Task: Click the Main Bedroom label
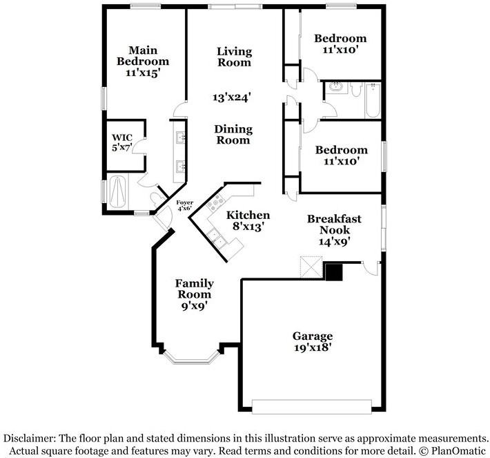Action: tap(143, 61)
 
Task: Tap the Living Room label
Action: tap(234, 57)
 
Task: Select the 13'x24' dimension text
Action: tap(231, 98)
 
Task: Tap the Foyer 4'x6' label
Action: tap(185, 206)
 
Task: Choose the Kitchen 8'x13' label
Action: tap(248, 220)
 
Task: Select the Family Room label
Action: tap(194, 294)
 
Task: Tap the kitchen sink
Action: tap(219, 239)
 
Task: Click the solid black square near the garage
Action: tap(334, 272)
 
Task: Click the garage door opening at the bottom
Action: tap(313, 405)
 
